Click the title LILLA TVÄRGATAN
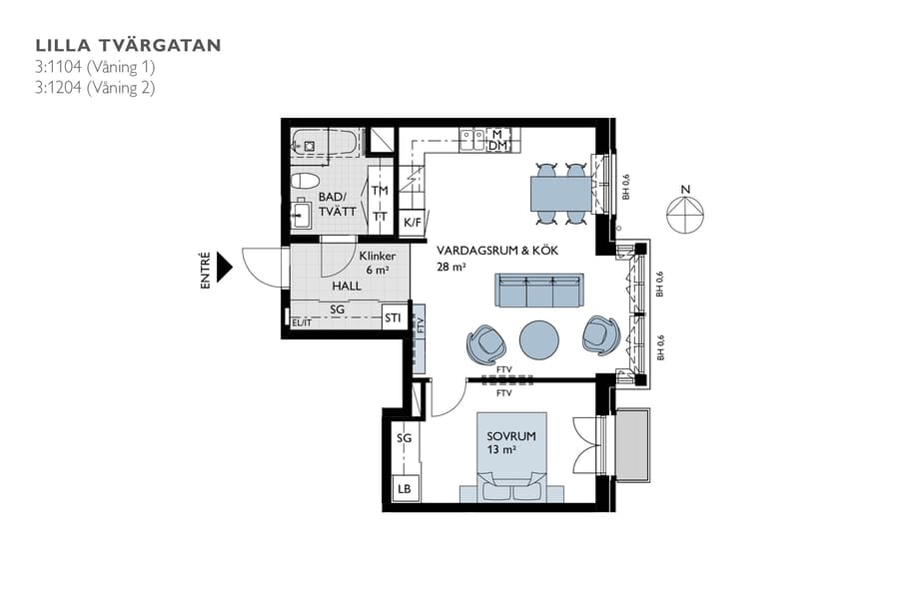coord(128,45)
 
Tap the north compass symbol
coord(685,213)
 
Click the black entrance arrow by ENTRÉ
coord(225,267)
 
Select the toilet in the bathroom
coord(303,181)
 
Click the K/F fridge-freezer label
coord(412,223)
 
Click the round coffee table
coord(540,339)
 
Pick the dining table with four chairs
coord(559,193)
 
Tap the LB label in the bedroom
coord(405,489)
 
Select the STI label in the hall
coord(394,318)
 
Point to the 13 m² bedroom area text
coord(501,450)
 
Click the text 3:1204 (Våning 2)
coord(95,87)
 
